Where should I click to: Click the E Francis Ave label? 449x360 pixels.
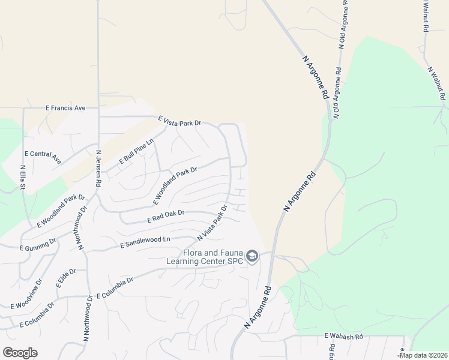click(66, 108)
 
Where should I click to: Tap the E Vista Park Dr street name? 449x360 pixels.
click(179, 122)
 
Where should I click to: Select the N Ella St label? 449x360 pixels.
click(23, 179)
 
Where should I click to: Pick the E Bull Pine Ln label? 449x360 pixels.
click(137, 151)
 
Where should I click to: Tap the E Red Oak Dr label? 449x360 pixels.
click(166, 217)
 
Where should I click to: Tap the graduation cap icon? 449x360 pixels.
click(253, 257)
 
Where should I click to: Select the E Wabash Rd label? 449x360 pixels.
click(344, 337)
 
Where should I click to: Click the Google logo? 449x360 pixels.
click(20, 352)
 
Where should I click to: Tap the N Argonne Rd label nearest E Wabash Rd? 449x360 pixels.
click(258, 307)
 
